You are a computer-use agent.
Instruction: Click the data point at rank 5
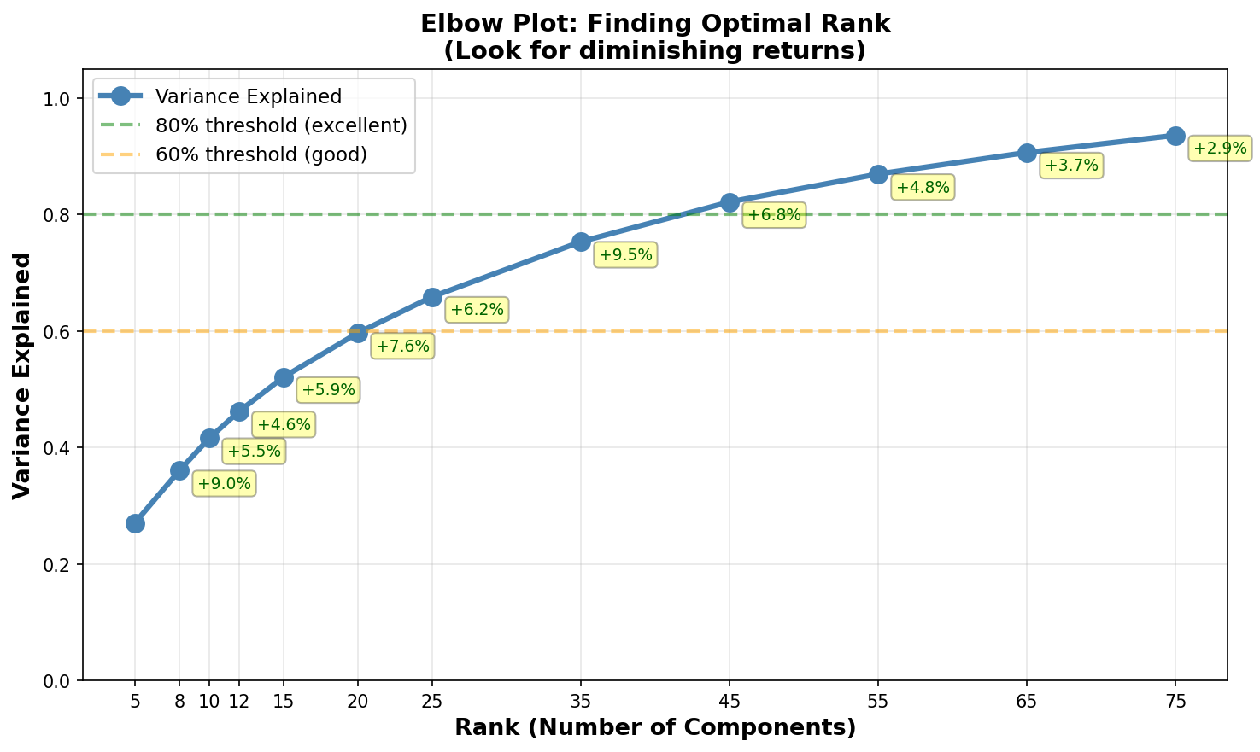(x=135, y=523)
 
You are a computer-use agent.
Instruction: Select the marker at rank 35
(x=581, y=242)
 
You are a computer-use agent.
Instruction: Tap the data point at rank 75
(x=1175, y=136)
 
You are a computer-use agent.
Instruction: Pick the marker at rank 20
(x=358, y=333)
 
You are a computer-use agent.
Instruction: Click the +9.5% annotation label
(x=625, y=254)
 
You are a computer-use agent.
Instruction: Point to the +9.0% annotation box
(x=225, y=484)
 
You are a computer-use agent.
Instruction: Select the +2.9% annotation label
(x=1220, y=149)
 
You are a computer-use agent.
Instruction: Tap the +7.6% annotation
(x=402, y=346)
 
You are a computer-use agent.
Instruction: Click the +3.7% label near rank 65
(x=1071, y=166)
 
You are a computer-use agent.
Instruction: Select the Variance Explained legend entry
(x=249, y=96)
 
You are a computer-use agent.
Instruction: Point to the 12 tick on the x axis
(x=239, y=701)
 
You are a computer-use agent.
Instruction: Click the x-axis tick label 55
(x=878, y=701)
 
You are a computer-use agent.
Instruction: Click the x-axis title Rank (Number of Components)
(x=655, y=727)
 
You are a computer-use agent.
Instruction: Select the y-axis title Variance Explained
(x=22, y=376)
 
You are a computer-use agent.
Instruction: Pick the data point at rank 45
(x=730, y=202)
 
